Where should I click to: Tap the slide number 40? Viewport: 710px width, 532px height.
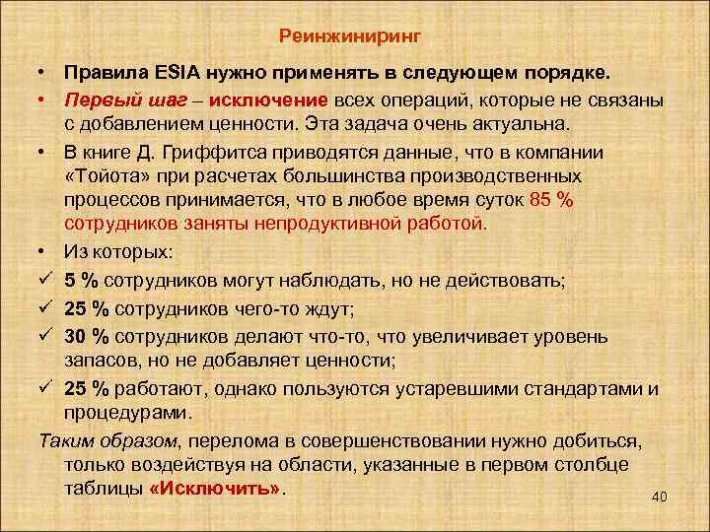tap(660, 498)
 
